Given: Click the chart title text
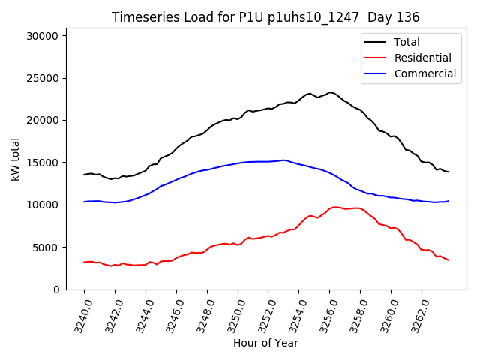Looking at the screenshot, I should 265,17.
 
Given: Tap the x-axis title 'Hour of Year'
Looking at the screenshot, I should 265,343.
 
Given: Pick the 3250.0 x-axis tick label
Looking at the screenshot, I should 230,315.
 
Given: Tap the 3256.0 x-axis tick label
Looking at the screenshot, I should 322,315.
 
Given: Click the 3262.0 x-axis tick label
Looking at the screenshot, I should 414,315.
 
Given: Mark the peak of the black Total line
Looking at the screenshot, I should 330,92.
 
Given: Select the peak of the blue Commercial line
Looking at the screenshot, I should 283,160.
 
